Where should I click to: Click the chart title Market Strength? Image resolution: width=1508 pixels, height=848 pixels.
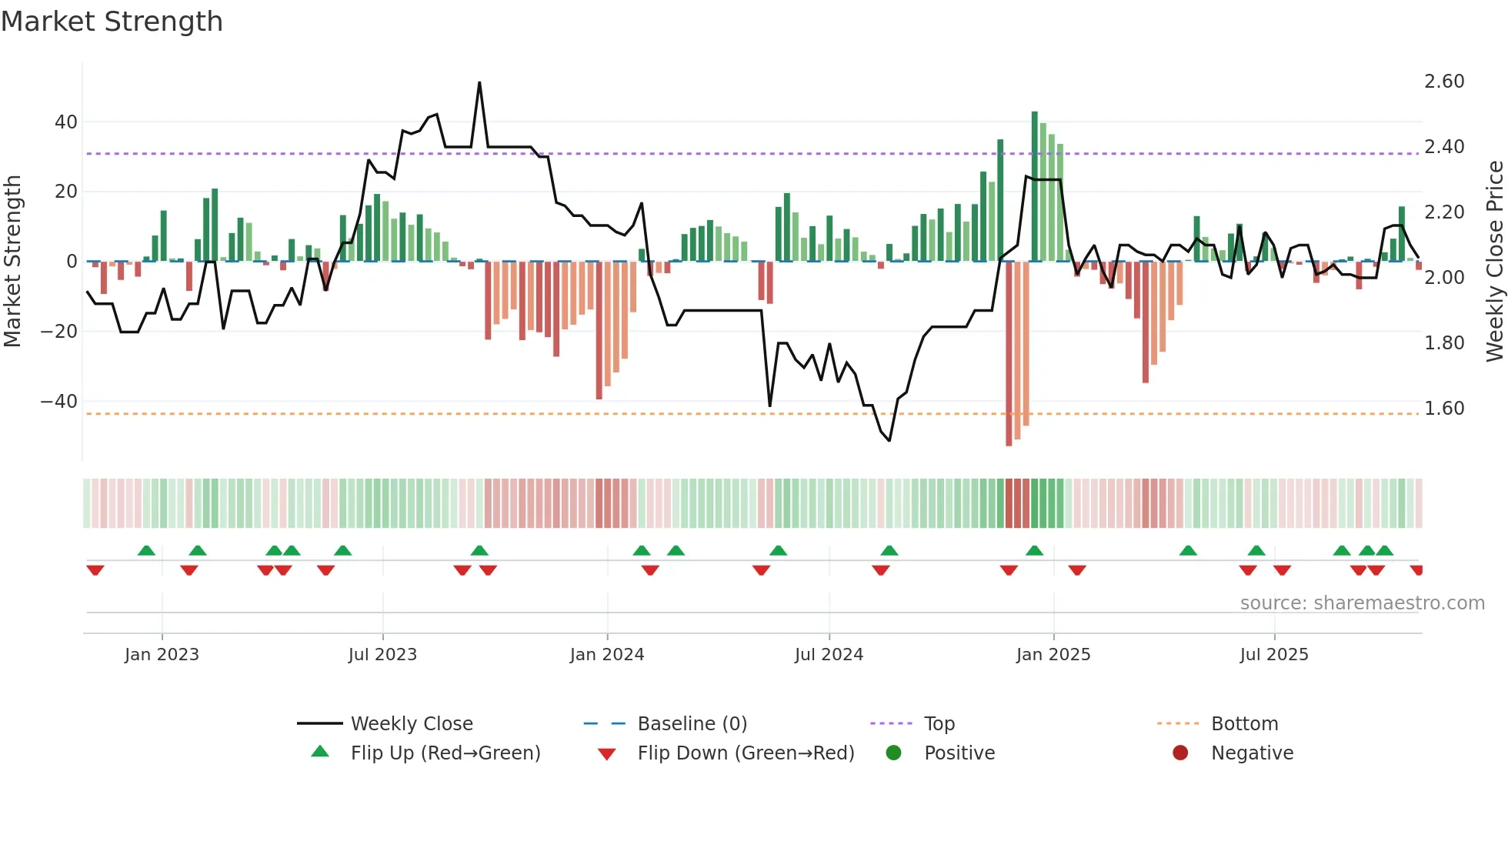pyautogui.click(x=112, y=22)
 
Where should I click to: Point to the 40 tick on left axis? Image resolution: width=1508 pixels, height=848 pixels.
pyautogui.click(x=66, y=122)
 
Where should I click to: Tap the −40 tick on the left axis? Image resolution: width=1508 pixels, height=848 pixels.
pyautogui.click(x=59, y=402)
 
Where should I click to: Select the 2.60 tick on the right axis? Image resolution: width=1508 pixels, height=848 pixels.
pyautogui.click(x=1444, y=82)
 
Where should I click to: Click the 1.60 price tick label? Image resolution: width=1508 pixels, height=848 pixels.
pyautogui.click(x=1444, y=409)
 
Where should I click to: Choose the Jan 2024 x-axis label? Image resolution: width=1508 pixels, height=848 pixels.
pyautogui.click(x=607, y=655)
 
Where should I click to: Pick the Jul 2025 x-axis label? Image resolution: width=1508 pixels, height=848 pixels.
pyautogui.click(x=1274, y=655)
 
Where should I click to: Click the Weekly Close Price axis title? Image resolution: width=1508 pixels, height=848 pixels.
pyautogui.click(x=1494, y=262)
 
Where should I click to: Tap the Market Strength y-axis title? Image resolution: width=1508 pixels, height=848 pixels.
pyautogui.click(x=12, y=262)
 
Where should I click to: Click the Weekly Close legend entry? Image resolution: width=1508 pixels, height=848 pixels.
pyautogui.click(x=412, y=724)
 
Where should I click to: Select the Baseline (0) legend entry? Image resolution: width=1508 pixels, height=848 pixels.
pyautogui.click(x=692, y=724)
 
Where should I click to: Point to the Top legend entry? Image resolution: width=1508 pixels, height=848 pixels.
pyautogui.click(x=939, y=724)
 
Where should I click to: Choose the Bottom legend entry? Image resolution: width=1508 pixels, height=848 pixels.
pyautogui.click(x=1244, y=724)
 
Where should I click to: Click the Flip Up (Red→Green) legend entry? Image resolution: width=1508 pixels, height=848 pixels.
pyautogui.click(x=445, y=753)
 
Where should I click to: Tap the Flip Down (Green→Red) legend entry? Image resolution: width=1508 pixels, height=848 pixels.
pyautogui.click(x=746, y=753)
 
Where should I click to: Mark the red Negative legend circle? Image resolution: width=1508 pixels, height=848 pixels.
pyautogui.click(x=1180, y=753)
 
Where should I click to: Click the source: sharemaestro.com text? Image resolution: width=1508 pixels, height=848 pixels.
pyautogui.click(x=1362, y=603)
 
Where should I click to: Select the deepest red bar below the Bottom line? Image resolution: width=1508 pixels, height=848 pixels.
pyautogui.click(x=1009, y=354)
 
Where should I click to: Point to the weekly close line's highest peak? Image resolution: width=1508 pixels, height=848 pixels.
pyautogui.click(x=479, y=83)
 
